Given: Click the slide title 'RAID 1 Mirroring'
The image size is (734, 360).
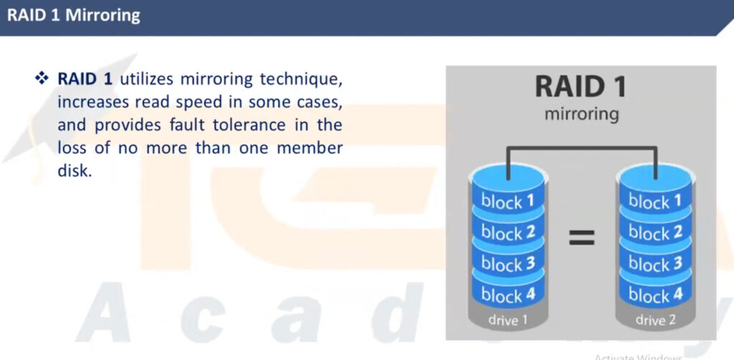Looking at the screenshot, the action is (74, 16).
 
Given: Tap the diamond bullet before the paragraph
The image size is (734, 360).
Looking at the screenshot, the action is (42, 78).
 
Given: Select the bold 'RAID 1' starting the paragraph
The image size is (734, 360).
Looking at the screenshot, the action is (85, 79).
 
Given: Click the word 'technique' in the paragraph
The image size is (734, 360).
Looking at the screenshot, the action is (301, 80).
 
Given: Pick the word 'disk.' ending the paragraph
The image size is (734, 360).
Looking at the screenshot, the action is (73, 171).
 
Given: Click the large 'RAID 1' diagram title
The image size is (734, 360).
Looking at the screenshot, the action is (581, 87).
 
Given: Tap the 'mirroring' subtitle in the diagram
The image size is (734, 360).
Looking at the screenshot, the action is (581, 114).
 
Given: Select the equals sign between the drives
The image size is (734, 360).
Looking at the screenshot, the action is (581, 237).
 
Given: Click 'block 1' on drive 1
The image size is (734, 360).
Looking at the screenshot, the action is (507, 202).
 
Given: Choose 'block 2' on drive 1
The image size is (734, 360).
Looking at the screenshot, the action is (507, 232).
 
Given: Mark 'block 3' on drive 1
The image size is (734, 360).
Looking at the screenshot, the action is (507, 264).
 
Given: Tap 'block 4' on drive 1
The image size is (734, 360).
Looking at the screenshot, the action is (507, 295).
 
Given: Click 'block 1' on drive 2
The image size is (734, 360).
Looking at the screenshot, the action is (655, 202).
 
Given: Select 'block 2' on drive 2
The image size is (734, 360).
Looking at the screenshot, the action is (655, 232).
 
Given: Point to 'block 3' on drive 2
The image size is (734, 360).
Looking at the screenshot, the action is (655, 264).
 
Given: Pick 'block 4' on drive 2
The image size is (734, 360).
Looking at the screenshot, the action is (655, 295).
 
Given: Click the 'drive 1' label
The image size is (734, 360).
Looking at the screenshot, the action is (507, 321).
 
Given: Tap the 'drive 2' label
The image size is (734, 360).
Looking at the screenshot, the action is (655, 321).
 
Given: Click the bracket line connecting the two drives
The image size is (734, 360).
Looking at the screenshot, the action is (581, 148).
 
